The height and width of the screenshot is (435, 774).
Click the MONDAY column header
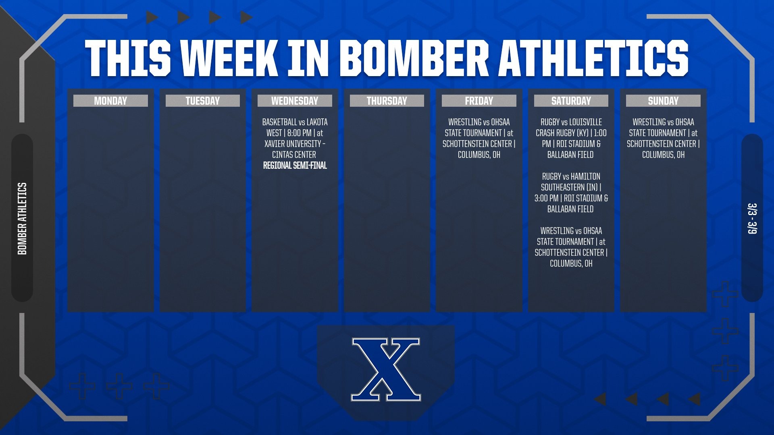point(110,101)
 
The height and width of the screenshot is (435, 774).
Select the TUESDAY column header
point(202,101)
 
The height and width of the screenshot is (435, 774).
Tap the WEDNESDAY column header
point(295,101)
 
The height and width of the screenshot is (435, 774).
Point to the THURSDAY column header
point(387,101)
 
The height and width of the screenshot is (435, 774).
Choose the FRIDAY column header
point(479,101)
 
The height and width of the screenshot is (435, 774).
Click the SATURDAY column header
point(571,101)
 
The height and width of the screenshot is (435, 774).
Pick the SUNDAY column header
point(663,101)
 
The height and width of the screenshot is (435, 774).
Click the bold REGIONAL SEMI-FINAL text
point(295,166)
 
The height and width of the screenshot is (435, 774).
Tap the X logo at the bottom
point(386,369)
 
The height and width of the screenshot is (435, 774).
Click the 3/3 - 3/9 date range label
point(752,218)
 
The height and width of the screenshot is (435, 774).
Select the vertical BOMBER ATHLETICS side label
point(22,218)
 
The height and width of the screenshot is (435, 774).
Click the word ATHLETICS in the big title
point(593,58)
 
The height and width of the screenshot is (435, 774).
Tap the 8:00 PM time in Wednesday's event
point(299,133)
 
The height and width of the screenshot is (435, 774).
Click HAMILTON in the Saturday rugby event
point(585,176)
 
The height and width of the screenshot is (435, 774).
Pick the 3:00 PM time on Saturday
point(546,198)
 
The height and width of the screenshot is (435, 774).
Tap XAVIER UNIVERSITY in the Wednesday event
point(293,144)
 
